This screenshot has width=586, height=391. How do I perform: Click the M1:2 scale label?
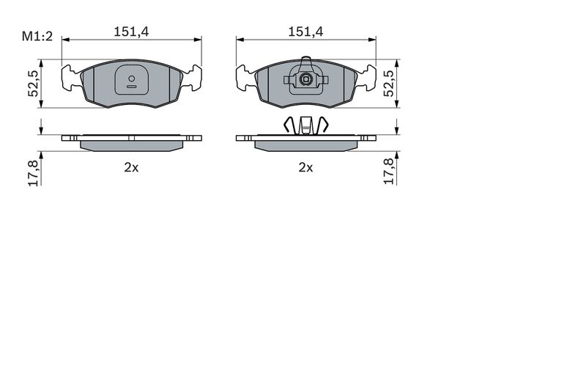(x=37, y=37)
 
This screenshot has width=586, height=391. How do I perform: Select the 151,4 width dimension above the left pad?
(x=131, y=32)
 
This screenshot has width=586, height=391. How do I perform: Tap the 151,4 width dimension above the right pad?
(x=305, y=32)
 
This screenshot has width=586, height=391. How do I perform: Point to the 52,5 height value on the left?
(x=33, y=84)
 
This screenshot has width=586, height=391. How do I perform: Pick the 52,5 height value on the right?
(x=389, y=84)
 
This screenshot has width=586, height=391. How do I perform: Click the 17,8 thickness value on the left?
(x=33, y=172)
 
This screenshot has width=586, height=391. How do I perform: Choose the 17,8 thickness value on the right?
(x=389, y=172)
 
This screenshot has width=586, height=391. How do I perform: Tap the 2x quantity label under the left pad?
(x=131, y=168)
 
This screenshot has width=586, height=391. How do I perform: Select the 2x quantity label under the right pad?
(x=305, y=168)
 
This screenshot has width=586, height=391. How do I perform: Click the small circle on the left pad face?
(x=132, y=78)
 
